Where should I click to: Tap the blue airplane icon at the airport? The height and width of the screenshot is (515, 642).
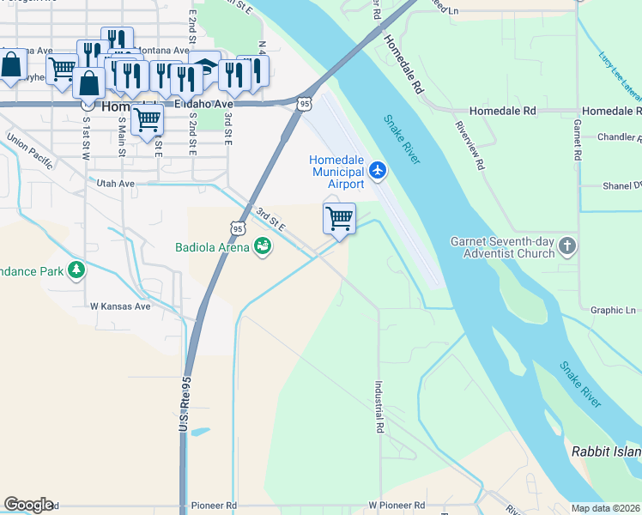(378, 172)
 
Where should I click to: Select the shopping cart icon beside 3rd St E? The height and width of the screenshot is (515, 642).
(339, 219)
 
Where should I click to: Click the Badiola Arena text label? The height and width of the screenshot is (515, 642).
(212, 248)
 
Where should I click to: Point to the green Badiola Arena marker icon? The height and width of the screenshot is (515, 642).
(263, 248)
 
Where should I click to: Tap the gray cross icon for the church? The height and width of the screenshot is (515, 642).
(566, 247)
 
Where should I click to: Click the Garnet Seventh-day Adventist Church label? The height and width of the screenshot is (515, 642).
(502, 247)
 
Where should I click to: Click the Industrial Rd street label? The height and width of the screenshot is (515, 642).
(379, 407)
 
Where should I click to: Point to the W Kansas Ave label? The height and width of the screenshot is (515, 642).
(120, 306)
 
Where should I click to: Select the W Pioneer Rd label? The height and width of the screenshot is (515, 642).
(397, 506)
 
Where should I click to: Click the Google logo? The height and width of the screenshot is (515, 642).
(28, 505)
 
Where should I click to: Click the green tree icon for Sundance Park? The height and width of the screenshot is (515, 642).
(77, 270)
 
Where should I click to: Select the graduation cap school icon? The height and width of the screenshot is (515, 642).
(205, 68)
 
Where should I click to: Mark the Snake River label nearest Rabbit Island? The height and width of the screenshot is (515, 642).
(580, 384)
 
